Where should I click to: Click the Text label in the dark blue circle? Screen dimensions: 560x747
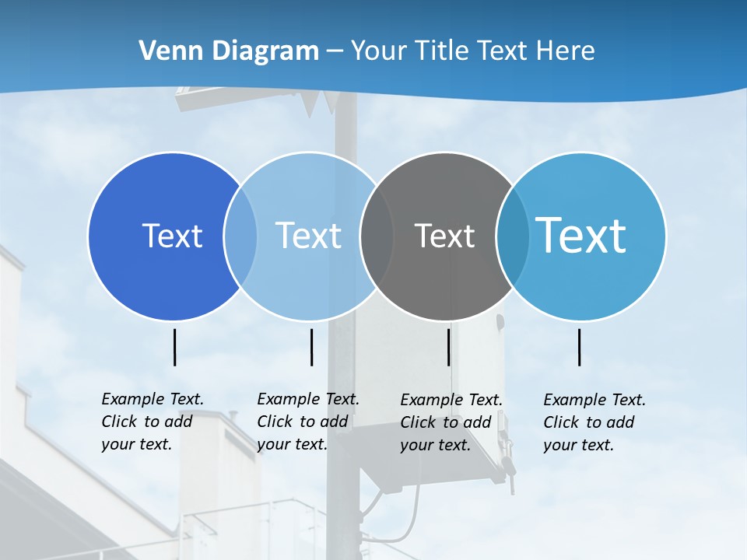point(172,236)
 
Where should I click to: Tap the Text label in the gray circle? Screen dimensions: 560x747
point(444,236)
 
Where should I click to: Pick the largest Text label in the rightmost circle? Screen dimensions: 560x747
point(580,235)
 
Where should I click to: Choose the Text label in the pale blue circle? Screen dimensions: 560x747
point(308,236)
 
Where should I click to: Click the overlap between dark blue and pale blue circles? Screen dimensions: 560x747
point(240,236)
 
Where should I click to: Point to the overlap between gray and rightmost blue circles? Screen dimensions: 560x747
point(513,236)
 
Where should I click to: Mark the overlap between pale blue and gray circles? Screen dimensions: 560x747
point(377,236)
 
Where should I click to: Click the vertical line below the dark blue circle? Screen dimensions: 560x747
point(174,347)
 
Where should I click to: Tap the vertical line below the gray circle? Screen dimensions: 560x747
point(449,347)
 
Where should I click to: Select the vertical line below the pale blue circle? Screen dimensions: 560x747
point(311,347)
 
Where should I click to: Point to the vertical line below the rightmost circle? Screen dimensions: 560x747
point(580,347)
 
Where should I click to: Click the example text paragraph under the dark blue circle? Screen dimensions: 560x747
point(152,422)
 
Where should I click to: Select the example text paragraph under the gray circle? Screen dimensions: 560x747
point(451,422)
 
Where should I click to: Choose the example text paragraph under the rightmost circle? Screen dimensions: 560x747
point(594,422)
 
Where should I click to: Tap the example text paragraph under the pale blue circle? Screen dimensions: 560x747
point(307,422)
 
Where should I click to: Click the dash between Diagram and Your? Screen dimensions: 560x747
point(335,51)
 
